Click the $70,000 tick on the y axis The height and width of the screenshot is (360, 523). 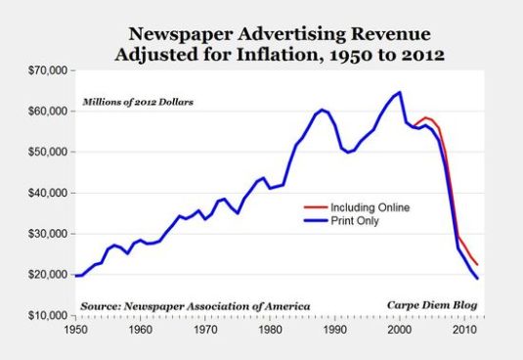(x=44, y=70)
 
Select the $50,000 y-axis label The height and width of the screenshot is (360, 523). (x=44, y=153)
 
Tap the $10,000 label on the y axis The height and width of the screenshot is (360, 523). (x=44, y=316)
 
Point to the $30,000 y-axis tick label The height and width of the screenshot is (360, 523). (x=44, y=234)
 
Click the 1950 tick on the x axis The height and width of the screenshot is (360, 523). (x=74, y=331)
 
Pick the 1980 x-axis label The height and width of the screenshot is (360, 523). (x=269, y=331)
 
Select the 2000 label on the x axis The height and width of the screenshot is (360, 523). (x=399, y=331)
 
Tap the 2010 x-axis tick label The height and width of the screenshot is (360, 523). (x=463, y=331)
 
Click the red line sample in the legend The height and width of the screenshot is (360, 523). (x=313, y=207)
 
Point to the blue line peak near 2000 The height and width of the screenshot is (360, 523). (x=399, y=93)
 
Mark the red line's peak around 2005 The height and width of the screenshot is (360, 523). (x=425, y=117)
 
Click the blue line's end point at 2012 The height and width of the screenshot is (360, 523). (x=477, y=279)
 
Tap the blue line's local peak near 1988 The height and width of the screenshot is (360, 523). (x=321, y=110)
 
